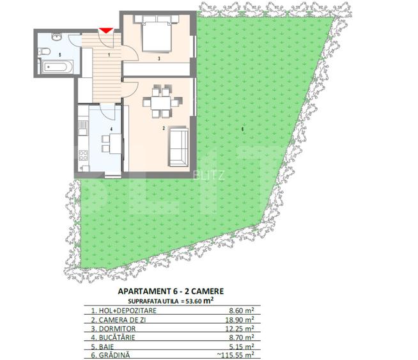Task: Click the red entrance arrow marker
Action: point(106,30)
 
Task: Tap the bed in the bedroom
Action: point(156,35)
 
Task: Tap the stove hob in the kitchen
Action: point(83,153)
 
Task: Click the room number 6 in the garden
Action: point(243,130)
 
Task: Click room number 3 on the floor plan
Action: point(159,59)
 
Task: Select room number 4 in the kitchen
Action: point(111,130)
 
